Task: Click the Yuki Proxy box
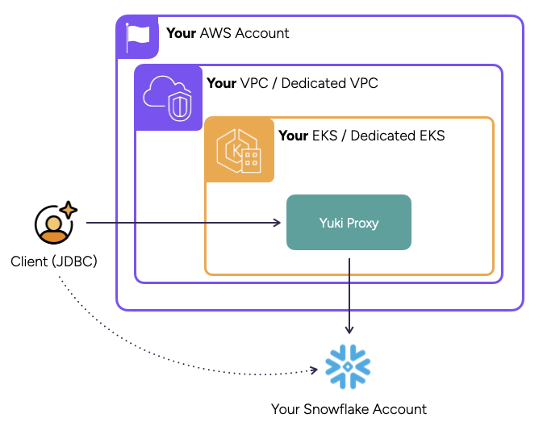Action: (349, 222)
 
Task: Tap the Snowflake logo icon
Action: (348, 366)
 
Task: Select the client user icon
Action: (53, 224)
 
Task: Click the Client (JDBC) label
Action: (54, 261)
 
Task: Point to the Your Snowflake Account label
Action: (349, 409)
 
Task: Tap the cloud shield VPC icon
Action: (168, 98)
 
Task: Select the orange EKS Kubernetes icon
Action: (239, 150)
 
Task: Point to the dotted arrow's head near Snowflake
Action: (314, 371)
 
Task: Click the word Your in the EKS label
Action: (293, 136)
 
